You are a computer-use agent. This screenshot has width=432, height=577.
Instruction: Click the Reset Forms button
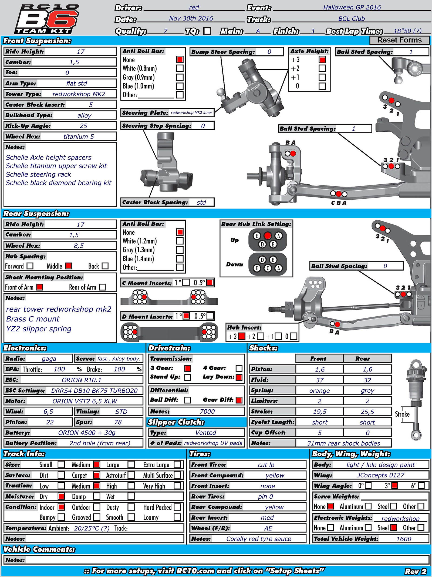pos(399,40)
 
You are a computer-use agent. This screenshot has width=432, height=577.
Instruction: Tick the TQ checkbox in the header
pos(207,31)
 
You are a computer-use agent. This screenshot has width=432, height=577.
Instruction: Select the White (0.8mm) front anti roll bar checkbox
pos(180,68)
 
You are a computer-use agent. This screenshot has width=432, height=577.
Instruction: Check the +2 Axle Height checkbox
pos(322,68)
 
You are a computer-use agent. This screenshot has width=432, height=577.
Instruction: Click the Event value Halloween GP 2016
pos(352,7)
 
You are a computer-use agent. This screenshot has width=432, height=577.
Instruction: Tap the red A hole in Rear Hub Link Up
pos(268,236)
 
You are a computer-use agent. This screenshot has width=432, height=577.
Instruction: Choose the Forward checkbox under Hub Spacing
pos(30,266)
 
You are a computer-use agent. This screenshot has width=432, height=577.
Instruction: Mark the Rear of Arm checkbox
pos(102,287)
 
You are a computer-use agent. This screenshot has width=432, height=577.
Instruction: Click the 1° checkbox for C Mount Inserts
pos(186,283)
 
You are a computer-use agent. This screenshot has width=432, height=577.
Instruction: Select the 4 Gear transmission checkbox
pos(239,368)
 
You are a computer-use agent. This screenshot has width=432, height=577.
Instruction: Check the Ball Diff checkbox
pos(188,400)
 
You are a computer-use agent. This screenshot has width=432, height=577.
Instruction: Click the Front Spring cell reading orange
pos(319,390)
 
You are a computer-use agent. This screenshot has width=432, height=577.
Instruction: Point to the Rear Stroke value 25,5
pos(367,412)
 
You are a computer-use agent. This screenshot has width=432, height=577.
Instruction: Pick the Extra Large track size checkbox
pos(177,465)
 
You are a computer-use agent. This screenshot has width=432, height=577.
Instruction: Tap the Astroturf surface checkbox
pos(131,475)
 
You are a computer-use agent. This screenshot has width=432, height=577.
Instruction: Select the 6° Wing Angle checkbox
pos(421,486)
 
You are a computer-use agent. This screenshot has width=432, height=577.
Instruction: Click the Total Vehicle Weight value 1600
pos(403,539)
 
